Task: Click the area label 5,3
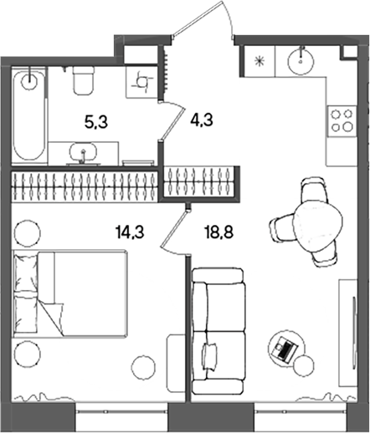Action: [96, 123]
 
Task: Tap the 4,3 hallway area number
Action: [202, 120]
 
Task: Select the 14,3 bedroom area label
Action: [130, 232]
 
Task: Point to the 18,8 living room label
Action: [218, 232]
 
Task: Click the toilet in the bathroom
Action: [83, 81]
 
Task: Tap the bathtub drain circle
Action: [29, 80]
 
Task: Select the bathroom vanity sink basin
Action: [84, 152]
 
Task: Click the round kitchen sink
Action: [301, 61]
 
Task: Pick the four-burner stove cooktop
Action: [342, 120]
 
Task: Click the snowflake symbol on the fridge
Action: [260, 61]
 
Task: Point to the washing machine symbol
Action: [142, 82]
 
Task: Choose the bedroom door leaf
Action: [175, 227]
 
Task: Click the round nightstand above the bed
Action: [27, 232]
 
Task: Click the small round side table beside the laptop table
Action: [303, 365]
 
